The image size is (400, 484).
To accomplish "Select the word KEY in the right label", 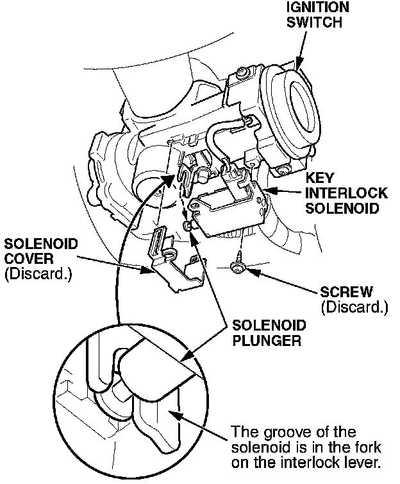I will coord(318,177).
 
